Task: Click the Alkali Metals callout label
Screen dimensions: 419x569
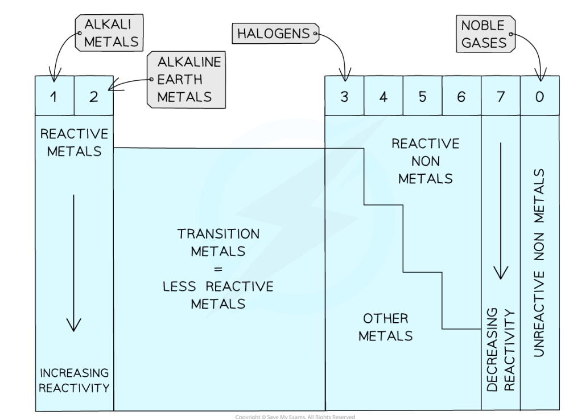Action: (x=109, y=34)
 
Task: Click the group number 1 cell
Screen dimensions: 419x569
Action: (x=54, y=96)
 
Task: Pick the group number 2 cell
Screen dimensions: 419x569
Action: (x=94, y=96)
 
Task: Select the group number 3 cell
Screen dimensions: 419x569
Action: (x=344, y=96)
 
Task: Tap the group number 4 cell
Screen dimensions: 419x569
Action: (x=384, y=96)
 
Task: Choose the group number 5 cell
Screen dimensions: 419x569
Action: (x=422, y=96)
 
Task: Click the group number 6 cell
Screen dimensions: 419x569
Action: (x=461, y=96)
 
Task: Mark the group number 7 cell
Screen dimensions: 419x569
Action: (x=501, y=96)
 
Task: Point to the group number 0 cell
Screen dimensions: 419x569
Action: (x=539, y=96)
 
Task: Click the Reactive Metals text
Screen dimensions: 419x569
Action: (x=74, y=142)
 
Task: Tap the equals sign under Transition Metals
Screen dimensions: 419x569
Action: (x=218, y=269)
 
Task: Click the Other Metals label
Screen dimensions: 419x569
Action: (x=385, y=327)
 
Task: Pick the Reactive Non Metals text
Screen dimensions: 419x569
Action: (x=425, y=161)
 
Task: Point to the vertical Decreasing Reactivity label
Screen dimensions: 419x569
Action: (x=501, y=350)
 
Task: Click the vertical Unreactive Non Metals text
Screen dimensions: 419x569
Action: (x=539, y=262)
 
